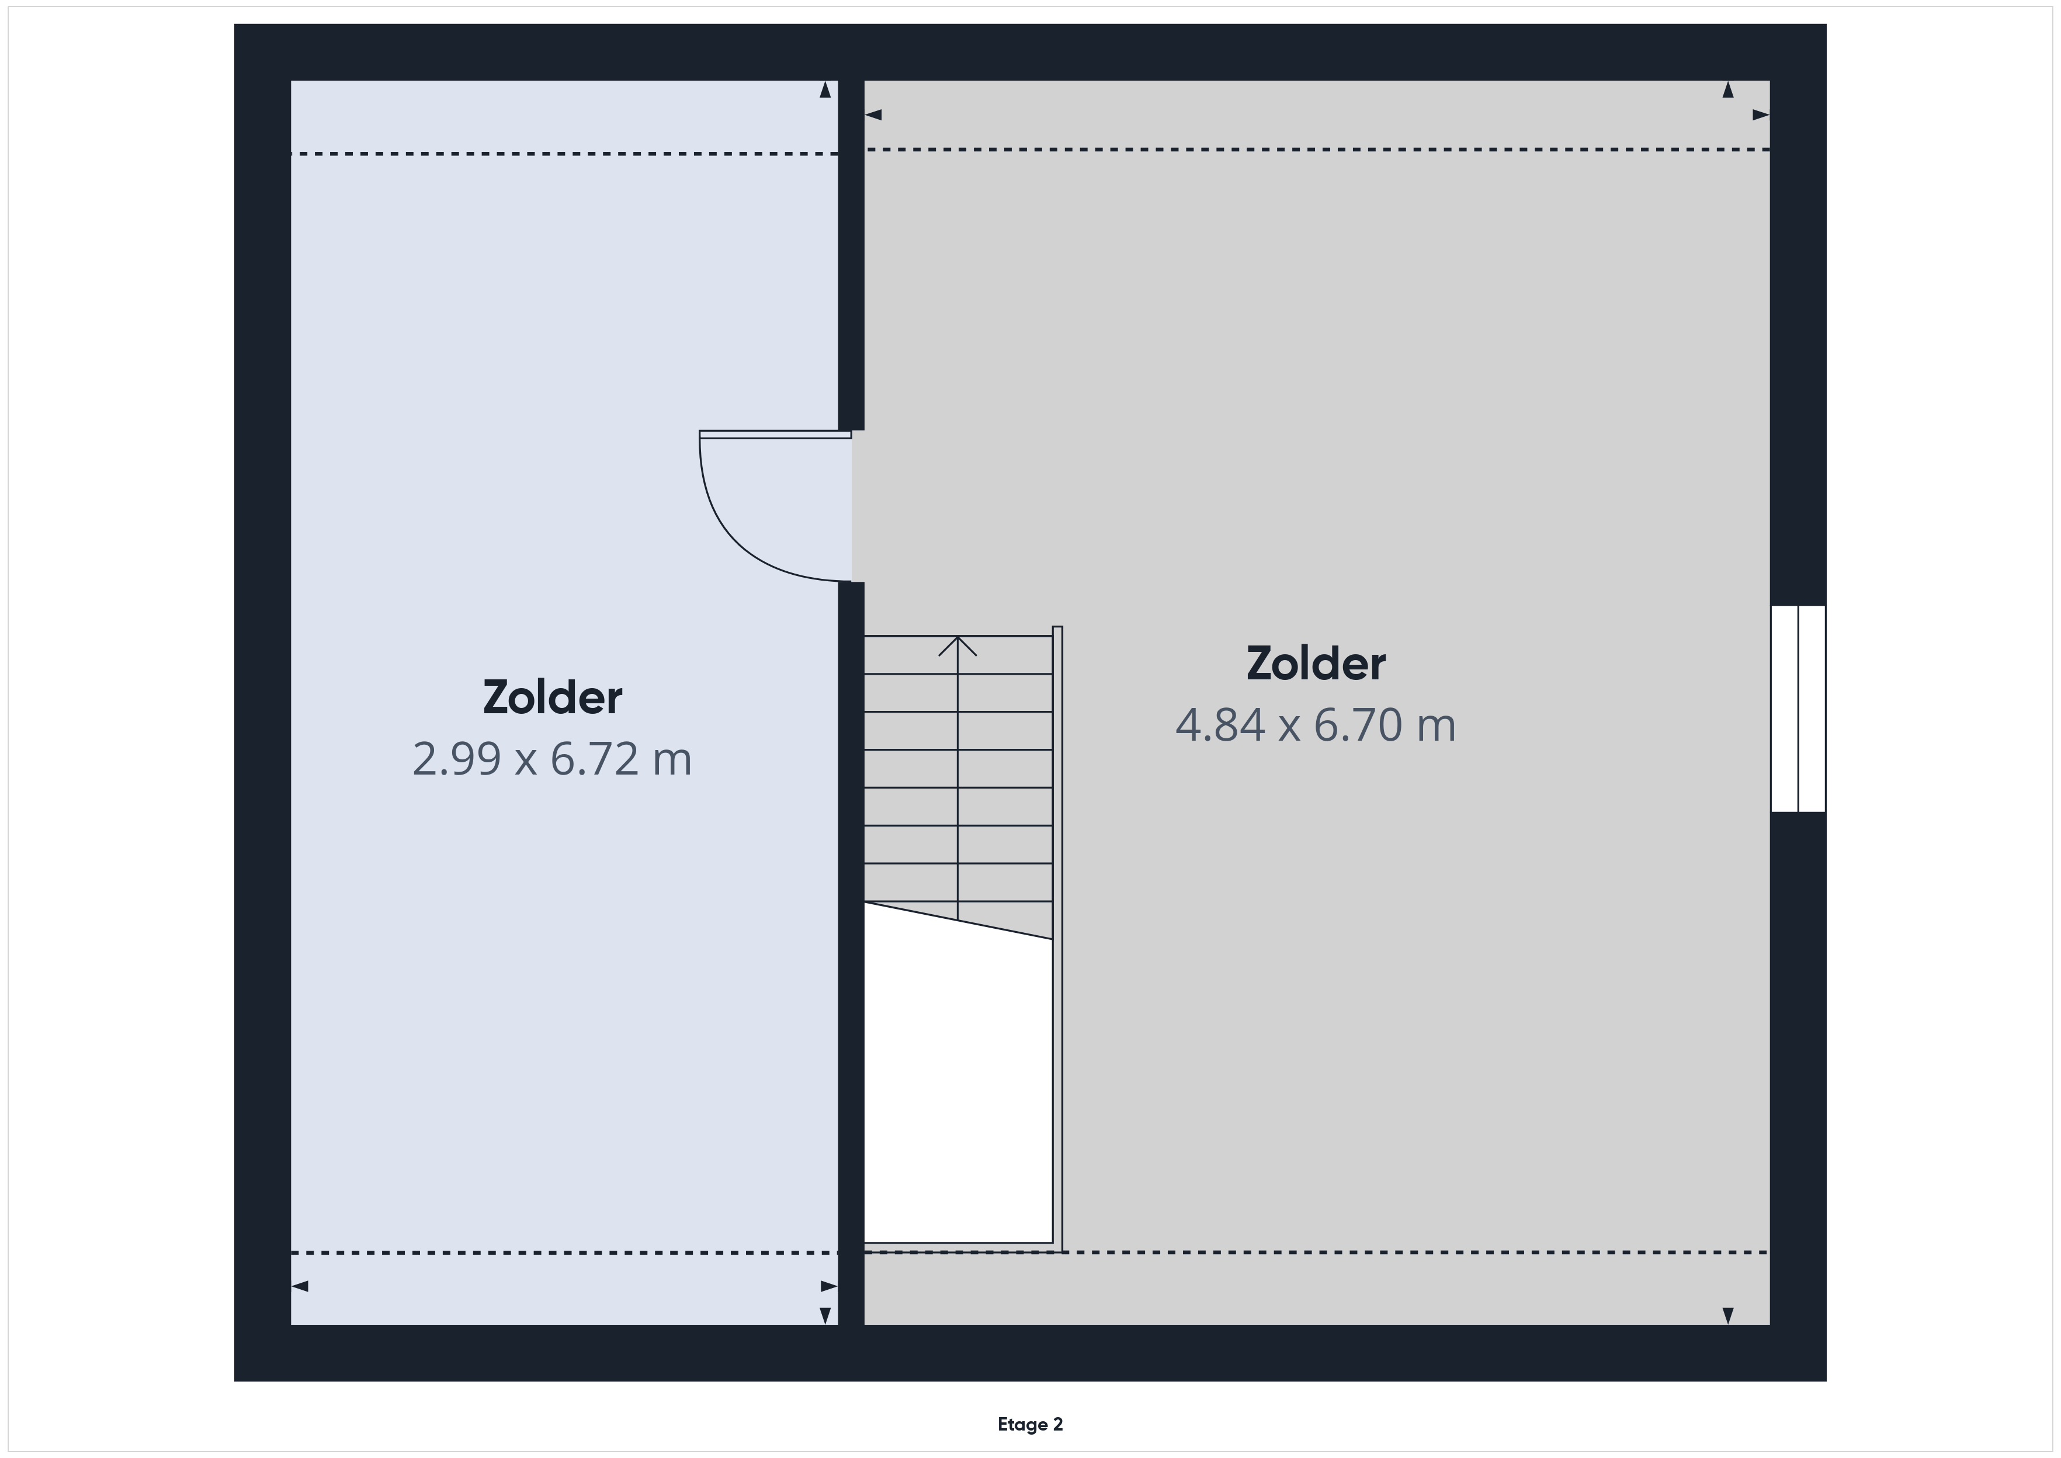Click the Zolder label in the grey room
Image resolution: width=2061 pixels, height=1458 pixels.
[x=1316, y=664]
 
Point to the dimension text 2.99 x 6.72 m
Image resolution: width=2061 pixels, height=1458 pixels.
[x=552, y=759]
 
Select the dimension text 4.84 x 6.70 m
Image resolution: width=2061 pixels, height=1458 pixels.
[x=1316, y=725]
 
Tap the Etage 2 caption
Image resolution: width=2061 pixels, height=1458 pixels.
[x=1030, y=1424]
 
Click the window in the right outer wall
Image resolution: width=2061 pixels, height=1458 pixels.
[x=1798, y=709]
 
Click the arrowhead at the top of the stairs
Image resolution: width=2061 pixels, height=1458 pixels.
[x=958, y=645]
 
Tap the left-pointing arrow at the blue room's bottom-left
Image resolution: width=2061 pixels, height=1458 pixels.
[x=300, y=1286]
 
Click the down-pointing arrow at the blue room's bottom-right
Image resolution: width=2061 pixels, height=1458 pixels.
[x=825, y=1315]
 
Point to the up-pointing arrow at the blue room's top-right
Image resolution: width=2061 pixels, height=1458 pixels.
[x=825, y=90]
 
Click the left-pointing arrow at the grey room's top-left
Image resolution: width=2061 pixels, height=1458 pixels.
[x=873, y=115]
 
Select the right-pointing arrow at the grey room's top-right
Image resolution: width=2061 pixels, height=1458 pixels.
[x=1760, y=115]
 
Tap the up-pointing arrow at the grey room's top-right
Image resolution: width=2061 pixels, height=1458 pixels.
[x=1728, y=90]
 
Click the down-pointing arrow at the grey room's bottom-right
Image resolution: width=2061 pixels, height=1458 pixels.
[x=1728, y=1315]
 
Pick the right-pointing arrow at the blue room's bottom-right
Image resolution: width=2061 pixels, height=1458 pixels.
[x=828, y=1286]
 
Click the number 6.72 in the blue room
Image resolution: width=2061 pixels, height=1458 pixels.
[x=594, y=759]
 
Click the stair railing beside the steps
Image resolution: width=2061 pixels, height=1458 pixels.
[x=1057, y=938]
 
